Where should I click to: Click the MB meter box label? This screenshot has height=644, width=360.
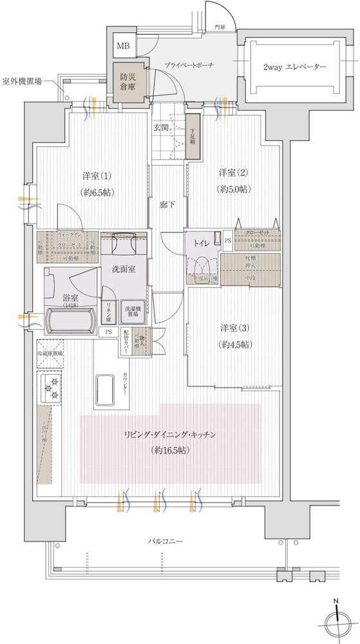coord(122,46)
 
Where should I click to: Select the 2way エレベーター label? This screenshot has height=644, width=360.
coord(294,67)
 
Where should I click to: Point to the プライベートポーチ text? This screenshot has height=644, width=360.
coord(189,66)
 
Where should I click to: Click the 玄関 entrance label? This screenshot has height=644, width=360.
coord(161,127)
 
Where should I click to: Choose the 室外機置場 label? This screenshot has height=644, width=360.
coord(23,82)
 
